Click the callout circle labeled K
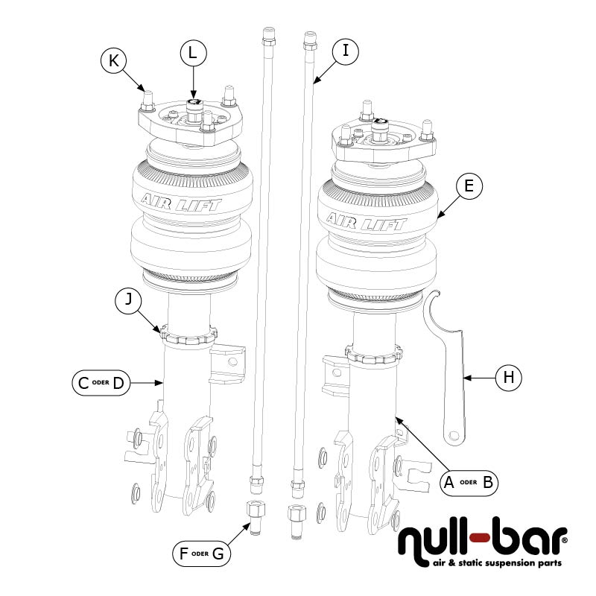click(x=114, y=61)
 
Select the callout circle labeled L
click(x=193, y=53)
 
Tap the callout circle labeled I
click(x=345, y=51)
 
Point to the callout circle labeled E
click(x=468, y=188)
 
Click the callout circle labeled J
click(x=128, y=302)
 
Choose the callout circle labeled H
click(x=508, y=378)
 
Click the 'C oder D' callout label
click(x=101, y=384)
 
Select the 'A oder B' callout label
click(x=468, y=481)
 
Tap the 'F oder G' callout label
click(x=201, y=554)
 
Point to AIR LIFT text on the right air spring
click(x=366, y=221)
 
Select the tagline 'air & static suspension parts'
click(x=498, y=564)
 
